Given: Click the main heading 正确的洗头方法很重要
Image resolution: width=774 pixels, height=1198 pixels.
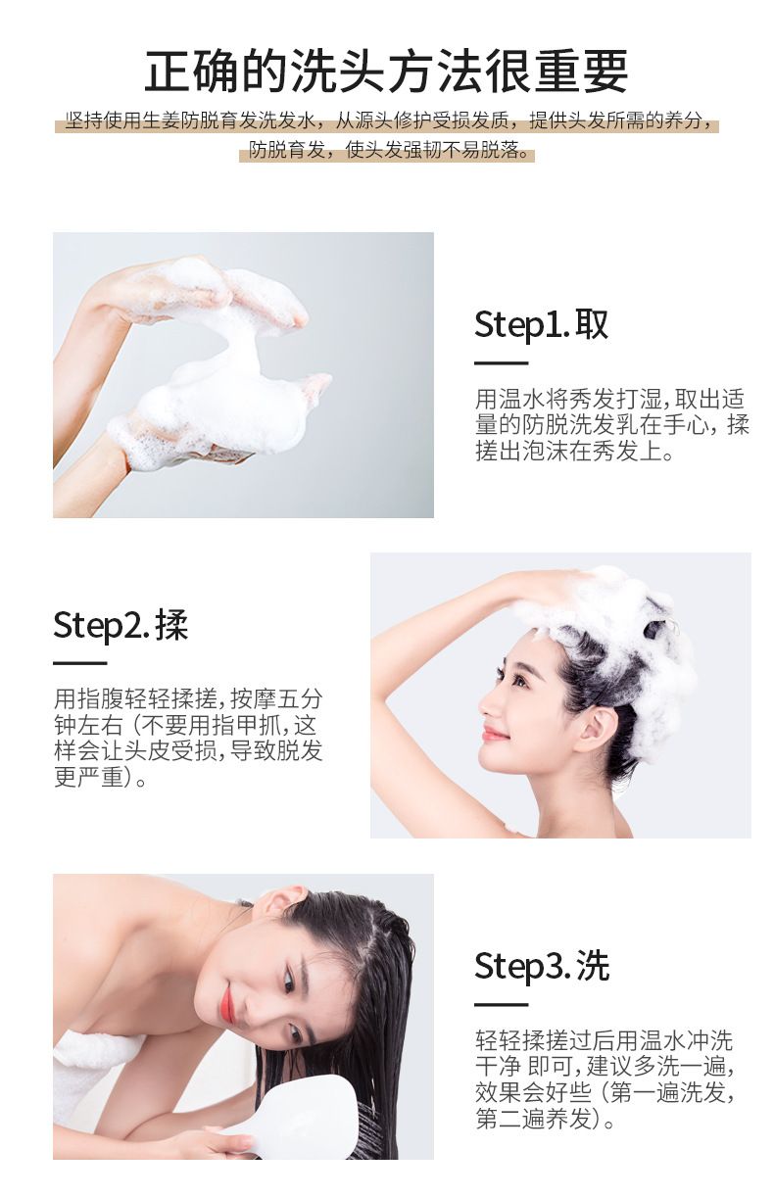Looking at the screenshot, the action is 386,72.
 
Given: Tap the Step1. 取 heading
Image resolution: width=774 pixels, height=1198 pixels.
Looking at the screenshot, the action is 542,324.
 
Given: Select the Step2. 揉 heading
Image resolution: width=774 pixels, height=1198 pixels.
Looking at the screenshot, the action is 121,625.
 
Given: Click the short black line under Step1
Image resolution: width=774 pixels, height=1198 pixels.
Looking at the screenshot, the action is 502,363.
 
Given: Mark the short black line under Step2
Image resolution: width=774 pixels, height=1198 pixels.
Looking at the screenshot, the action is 79,663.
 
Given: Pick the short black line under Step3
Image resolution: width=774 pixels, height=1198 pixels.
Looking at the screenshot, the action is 502,1005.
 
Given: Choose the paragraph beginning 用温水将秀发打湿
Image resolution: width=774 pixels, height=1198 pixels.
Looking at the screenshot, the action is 612,425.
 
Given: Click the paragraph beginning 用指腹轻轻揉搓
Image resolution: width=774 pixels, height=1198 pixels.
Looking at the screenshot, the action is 188,738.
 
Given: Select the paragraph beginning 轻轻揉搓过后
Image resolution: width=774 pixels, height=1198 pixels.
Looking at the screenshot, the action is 605,1078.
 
